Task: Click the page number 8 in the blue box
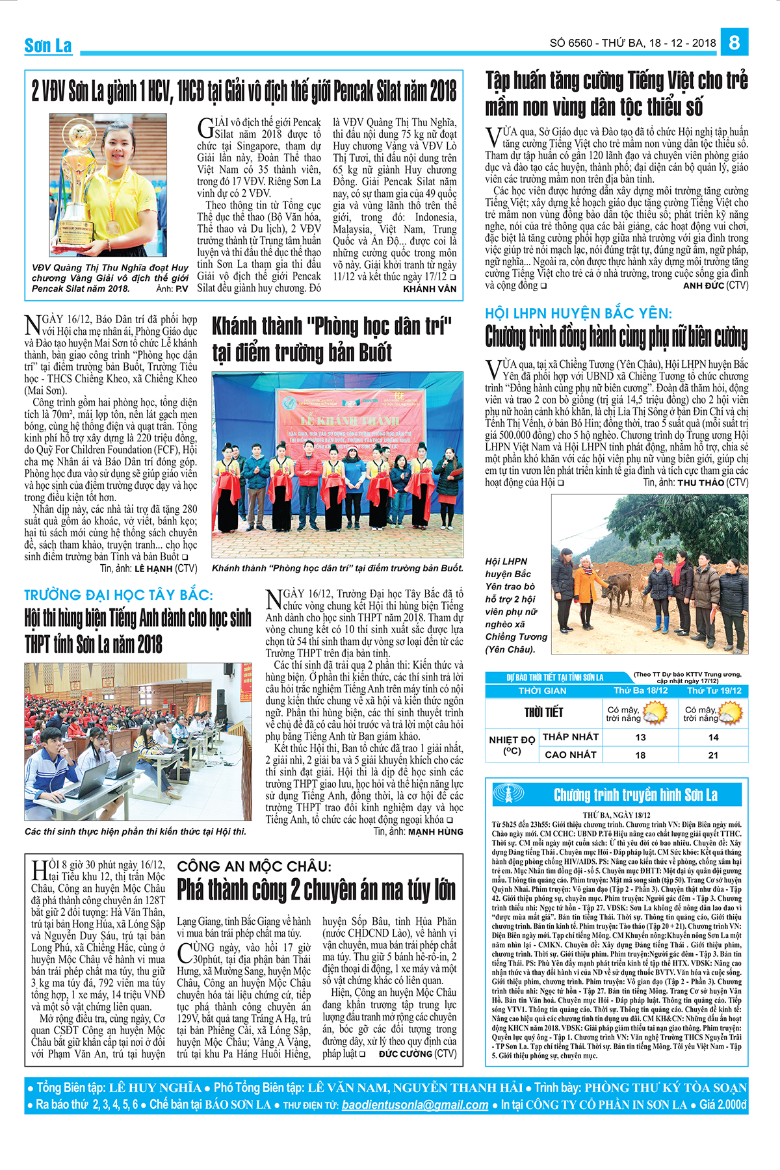pyautogui.click(x=734, y=42)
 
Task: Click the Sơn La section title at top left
pyautogui.click(x=48, y=45)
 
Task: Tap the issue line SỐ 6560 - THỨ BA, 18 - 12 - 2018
pyautogui.click(x=632, y=44)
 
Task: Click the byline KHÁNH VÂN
pyautogui.click(x=430, y=289)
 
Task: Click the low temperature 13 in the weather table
pyautogui.click(x=640, y=737)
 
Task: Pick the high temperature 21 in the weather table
pyautogui.click(x=713, y=755)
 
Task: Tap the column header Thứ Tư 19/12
pyautogui.click(x=714, y=690)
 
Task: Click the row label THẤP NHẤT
pyautogui.click(x=570, y=736)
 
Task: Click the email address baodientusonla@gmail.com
pyautogui.click(x=415, y=1123)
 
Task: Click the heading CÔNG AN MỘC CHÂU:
pyautogui.click(x=254, y=866)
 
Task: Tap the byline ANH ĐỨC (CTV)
pyautogui.click(x=715, y=285)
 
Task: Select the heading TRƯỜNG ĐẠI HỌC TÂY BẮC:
pyautogui.click(x=118, y=595)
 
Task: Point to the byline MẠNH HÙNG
pyautogui.click(x=435, y=831)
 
